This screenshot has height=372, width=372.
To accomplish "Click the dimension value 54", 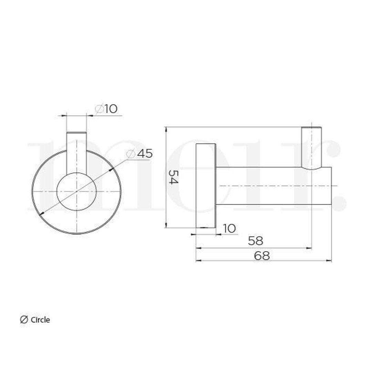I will (x=173, y=177).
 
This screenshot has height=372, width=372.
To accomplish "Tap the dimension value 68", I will (x=262, y=256).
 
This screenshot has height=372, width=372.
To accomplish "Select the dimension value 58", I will (x=255, y=241).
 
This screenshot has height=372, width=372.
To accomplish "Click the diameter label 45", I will (x=145, y=154).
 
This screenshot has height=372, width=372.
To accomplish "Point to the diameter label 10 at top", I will (x=111, y=109).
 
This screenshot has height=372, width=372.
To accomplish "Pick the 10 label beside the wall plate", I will (x=229, y=228).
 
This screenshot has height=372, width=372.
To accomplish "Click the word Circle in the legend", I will (x=40, y=320).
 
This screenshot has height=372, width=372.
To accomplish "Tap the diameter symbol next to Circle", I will (x=24, y=320).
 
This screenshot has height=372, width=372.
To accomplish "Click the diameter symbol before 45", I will (x=131, y=154).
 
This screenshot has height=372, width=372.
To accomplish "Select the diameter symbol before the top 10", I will (x=99, y=109).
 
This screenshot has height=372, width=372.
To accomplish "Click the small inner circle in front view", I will (x=76, y=192).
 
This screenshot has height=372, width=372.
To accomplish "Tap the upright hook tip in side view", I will (x=311, y=148).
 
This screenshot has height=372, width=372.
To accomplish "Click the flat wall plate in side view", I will (x=206, y=186).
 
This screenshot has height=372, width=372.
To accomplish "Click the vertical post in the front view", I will (x=76, y=152).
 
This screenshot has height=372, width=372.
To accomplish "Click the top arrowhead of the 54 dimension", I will (x=166, y=129).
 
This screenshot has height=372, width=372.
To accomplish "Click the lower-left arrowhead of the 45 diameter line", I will (x=41, y=214).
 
